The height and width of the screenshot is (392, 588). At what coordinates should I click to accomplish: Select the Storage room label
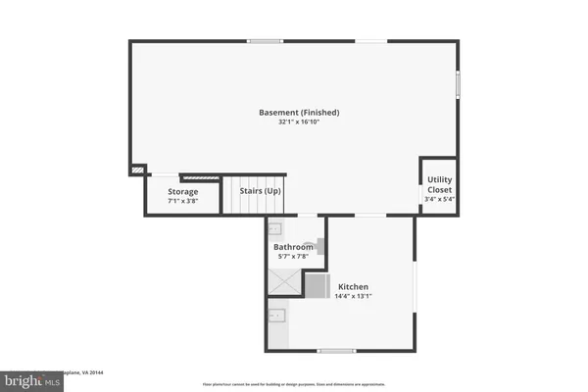click(x=182, y=191)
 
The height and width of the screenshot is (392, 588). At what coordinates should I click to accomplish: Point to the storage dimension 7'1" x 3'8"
click(x=182, y=200)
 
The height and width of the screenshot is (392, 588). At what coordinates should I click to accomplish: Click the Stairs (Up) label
click(x=261, y=190)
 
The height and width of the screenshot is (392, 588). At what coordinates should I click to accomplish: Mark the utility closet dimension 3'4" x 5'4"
click(x=439, y=199)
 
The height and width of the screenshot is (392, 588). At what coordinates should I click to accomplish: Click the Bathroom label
click(x=293, y=247)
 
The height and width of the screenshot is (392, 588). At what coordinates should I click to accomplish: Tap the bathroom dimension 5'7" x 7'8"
click(x=293, y=257)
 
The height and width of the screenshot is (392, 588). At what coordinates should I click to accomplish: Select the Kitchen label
click(x=354, y=286)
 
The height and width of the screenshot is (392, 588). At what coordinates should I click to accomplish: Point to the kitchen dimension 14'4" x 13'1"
click(x=354, y=296)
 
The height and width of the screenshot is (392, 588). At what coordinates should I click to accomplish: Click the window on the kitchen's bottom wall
click(x=335, y=350)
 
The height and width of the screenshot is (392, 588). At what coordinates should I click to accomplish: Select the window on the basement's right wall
click(x=458, y=85)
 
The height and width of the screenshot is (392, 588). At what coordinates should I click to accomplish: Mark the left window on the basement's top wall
click(x=265, y=40)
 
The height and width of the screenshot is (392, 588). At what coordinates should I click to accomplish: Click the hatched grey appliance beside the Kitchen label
click(x=318, y=285)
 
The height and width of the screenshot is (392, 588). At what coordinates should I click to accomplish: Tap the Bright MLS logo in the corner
click(x=29, y=377)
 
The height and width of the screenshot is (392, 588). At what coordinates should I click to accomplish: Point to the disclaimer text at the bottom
click(x=294, y=384)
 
